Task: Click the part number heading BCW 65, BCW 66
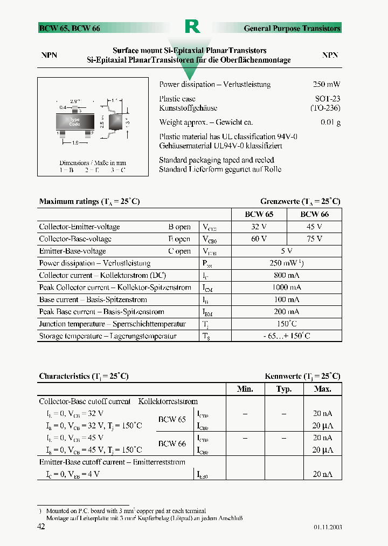70,28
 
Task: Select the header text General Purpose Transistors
292,28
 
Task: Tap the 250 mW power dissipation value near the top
326,85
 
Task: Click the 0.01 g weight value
330,122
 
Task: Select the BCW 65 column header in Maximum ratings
259,214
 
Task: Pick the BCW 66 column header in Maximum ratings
314,214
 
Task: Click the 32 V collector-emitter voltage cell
259,227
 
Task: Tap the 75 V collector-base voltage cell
314,239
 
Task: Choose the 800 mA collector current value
286,275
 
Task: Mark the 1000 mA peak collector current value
286,288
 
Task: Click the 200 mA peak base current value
286,312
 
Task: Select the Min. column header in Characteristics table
245,389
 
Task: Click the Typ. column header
284,389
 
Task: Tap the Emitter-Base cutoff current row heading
112,462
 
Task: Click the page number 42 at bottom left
41,527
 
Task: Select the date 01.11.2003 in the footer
327,527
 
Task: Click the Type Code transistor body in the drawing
74,121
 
